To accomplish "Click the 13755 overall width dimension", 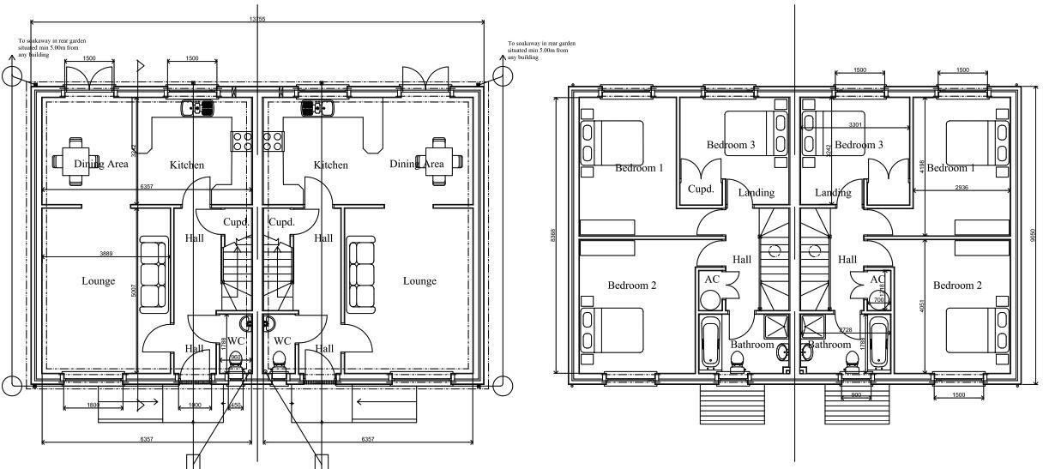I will coord(256,19).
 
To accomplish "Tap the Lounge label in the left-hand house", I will coord(98,281).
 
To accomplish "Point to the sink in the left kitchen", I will coord(198,108).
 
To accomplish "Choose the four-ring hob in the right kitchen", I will coord(274,141).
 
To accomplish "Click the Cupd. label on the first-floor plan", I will coord(701,189).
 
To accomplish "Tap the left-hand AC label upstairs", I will coord(711,280).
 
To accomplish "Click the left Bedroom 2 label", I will coord(631,285).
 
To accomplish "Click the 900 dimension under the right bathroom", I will coord(855,395).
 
